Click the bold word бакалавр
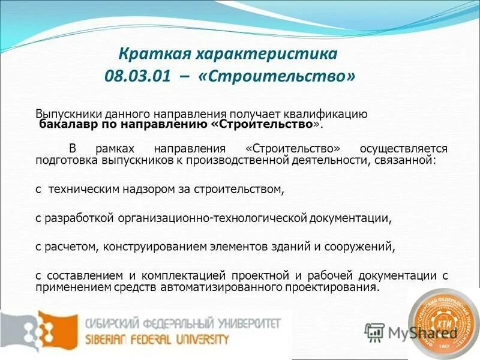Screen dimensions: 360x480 [x=65, y=124]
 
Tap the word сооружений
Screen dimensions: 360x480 [x=362, y=246]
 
